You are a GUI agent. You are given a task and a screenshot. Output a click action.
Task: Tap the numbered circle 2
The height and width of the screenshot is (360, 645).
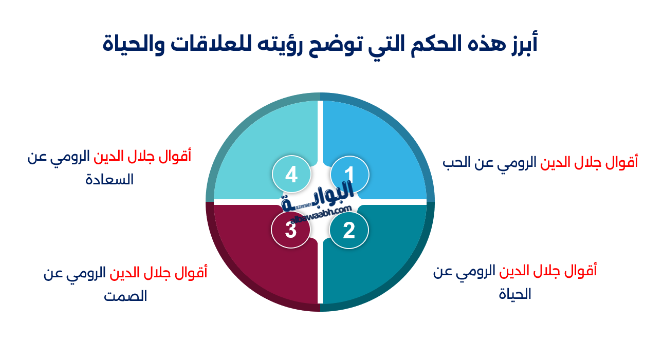pyautogui.click(x=349, y=231)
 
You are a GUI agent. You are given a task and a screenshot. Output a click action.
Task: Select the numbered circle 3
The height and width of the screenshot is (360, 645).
pyautogui.click(x=291, y=231)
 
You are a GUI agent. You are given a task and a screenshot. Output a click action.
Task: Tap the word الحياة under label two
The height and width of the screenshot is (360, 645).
pyautogui.click(x=515, y=295)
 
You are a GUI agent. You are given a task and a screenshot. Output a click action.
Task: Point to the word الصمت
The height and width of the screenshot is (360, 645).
pyautogui.click(x=126, y=296)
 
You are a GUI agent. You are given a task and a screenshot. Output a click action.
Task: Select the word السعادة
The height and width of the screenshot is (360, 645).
pyautogui.click(x=109, y=180)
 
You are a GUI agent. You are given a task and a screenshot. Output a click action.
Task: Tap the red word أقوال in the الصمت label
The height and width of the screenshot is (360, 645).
pyautogui.click(x=193, y=273)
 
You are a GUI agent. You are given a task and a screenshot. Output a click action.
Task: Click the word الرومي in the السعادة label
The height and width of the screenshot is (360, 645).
pyautogui.click(x=71, y=156)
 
